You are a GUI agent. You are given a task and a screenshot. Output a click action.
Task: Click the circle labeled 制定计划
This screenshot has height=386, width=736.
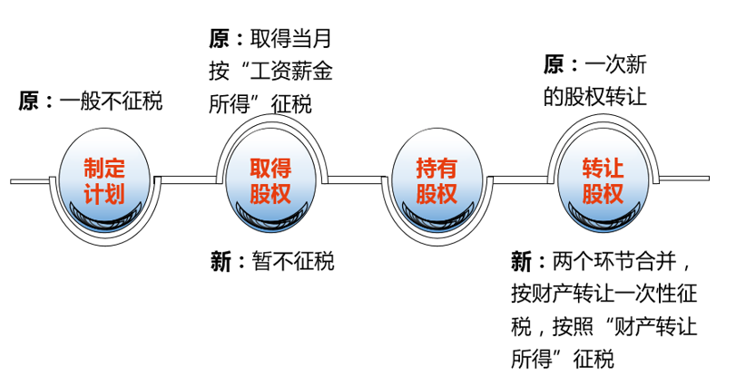tap(104, 180)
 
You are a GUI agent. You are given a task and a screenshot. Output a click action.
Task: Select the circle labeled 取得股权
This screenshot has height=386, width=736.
tap(270, 180)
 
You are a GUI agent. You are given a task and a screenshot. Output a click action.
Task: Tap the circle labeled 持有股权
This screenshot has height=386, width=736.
tap(437, 180)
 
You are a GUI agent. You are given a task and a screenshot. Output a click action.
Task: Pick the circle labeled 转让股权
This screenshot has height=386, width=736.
tap(604, 180)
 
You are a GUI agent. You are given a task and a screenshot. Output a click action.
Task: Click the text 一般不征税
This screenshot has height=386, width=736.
tap(111, 101)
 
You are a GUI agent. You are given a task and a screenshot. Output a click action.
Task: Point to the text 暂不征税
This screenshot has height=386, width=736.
tap(293, 261)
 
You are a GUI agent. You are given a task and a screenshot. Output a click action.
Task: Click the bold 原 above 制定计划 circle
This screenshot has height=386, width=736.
tap(29, 101)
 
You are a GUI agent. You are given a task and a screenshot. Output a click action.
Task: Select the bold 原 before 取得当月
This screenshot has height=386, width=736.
tap(220, 38)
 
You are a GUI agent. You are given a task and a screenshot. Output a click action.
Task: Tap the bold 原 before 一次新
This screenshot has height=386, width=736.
tap(554, 64)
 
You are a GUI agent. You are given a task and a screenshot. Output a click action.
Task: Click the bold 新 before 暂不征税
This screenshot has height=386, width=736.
tap(221, 261)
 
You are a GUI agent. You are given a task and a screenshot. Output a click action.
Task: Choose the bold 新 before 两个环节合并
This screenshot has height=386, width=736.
tap(522, 261)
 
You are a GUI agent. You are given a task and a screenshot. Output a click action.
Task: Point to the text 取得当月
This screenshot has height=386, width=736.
tap(291, 38)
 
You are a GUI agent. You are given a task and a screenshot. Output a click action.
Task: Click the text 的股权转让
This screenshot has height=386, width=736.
tap(595, 97)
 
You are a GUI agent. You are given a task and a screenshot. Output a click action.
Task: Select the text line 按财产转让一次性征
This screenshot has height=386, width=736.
tap(604, 294)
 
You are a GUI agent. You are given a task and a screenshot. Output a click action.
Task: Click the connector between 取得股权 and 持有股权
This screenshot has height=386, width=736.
tap(355, 180)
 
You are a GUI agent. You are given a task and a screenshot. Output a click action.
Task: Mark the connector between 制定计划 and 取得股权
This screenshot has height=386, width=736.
tap(186, 180)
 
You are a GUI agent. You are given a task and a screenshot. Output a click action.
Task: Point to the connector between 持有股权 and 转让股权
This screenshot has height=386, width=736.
tap(520, 180)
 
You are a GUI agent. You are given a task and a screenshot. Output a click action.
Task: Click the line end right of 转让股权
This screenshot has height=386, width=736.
tap(709, 179)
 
